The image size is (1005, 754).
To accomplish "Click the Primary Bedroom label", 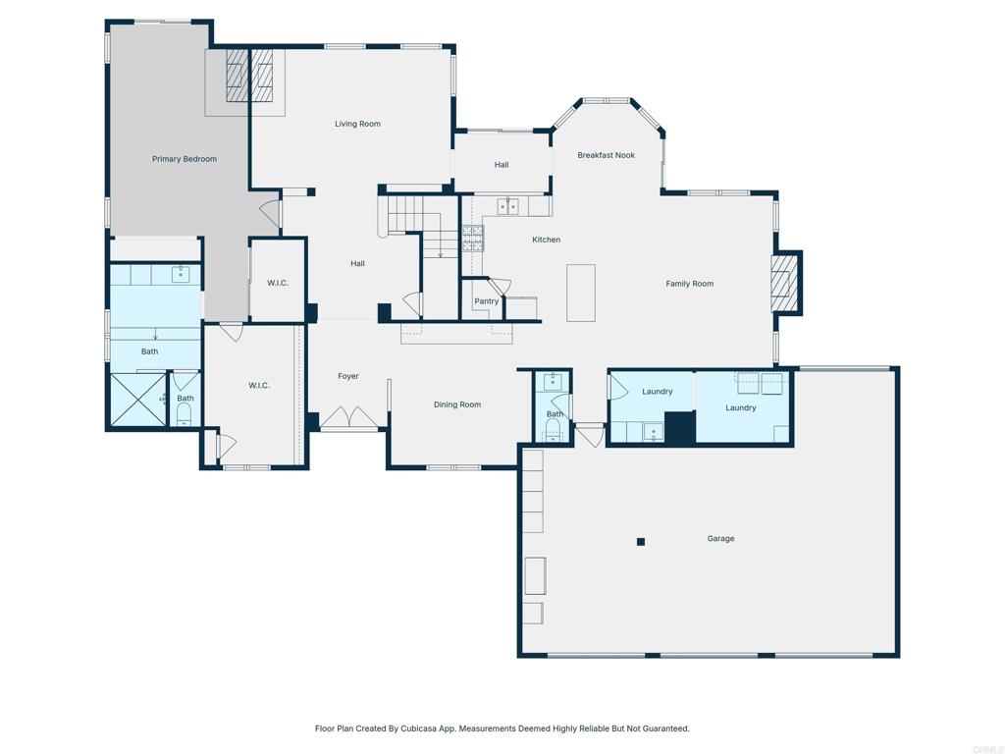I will click(x=185, y=159).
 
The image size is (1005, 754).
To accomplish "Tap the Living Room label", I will click(x=357, y=124).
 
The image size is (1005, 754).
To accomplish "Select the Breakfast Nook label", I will click(x=606, y=155).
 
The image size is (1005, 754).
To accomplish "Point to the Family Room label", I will click(x=689, y=284).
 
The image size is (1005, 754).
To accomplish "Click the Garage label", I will click(x=720, y=538).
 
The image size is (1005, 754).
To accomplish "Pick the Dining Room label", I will click(x=457, y=404).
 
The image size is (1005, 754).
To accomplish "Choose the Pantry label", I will click(x=487, y=301).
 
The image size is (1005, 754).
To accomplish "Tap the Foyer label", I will click(x=348, y=376).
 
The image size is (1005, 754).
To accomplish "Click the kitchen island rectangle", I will click(x=581, y=293).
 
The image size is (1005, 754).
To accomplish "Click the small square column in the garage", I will click(x=641, y=541).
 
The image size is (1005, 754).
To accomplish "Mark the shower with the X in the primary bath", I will click(x=137, y=400).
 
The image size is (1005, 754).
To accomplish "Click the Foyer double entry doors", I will click(x=350, y=419).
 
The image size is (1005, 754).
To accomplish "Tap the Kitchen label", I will click(x=547, y=240).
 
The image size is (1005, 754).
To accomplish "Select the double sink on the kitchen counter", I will click(x=507, y=206).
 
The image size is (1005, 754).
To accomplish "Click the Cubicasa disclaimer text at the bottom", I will click(x=502, y=728).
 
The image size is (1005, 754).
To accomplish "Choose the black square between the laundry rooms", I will click(x=679, y=427).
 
